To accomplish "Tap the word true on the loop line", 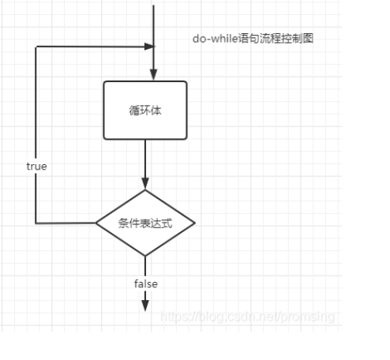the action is click(36, 167).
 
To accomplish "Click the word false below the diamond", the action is click(146, 284).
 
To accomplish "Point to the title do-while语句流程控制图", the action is click(253, 39).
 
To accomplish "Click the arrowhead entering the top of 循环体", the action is click(153, 75).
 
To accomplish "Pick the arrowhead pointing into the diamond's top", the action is click(145, 183).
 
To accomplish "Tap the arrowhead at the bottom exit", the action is click(145, 306).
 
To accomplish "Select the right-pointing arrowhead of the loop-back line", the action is click(149, 47).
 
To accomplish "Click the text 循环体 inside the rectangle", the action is click(145, 111).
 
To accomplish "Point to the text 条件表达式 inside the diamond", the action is click(145, 223).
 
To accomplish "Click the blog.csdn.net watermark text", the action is click(248, 317).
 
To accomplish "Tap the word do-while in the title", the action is click(216, 39).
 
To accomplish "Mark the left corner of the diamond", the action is click(96, 223).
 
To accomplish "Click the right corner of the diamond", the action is click(195, 223).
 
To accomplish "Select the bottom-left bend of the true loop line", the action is click(36, 223).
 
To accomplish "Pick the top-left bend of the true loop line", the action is click(36, 47).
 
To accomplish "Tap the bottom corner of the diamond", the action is click(145, 256).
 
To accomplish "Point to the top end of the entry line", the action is click(153, 6).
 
